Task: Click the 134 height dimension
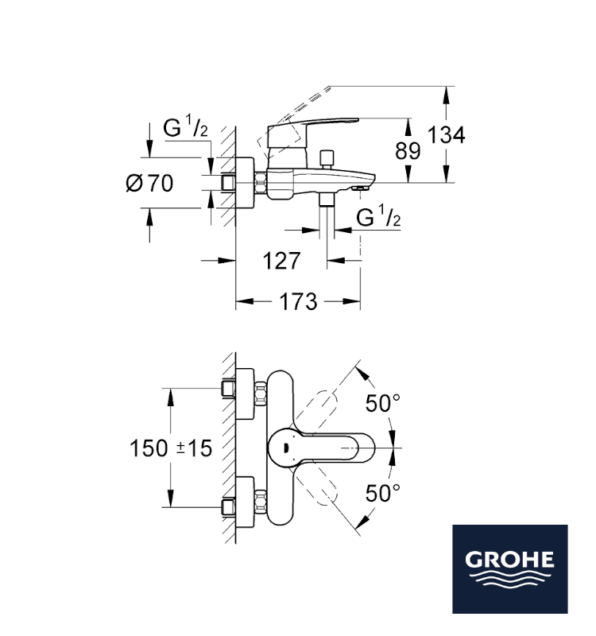click(x=447, y=134)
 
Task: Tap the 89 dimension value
click(x=408, y=151)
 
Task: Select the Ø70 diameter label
click(x=149, y=183)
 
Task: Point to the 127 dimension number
click(x=282, y=261)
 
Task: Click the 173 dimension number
click(x=299, y=302)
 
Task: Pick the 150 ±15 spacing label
click(x=171, y=448)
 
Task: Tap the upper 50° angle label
click(x=383, y=403)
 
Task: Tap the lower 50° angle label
click(x=383, y=493)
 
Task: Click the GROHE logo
click(x=510, y=569)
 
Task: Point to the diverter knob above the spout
click(x=327, y=159)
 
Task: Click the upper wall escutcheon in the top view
click(x=245, y=394)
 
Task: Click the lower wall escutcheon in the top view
click(x=245, y=502)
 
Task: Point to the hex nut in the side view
click(x=261, y=183)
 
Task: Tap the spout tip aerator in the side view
click(x=361, y=188)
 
